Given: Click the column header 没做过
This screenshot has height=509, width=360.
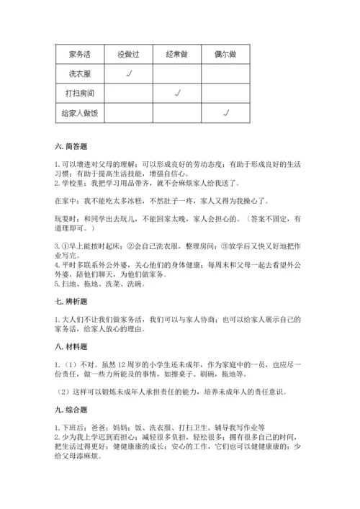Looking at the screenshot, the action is [129, 53].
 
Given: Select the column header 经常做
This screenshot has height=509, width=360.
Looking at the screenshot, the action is [177, 53].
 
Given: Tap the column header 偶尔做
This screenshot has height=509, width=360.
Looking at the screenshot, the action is [225, 53].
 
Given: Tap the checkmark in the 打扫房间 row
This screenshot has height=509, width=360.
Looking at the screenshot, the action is [177, 93].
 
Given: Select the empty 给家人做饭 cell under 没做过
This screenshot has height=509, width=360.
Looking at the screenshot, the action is [129, 113].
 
